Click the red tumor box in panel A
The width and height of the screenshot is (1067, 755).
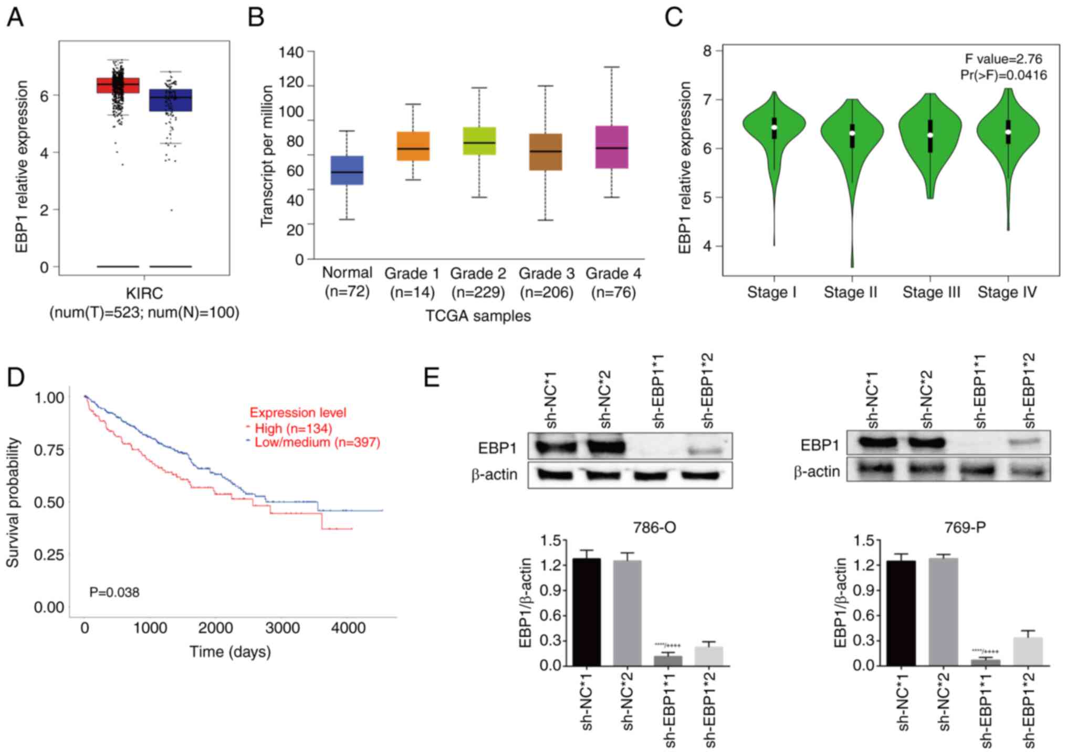pos(118,85)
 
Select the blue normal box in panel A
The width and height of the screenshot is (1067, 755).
pos(171,100)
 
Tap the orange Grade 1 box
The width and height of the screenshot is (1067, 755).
pos(413,146)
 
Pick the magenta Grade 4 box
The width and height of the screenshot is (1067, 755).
pos(612,147)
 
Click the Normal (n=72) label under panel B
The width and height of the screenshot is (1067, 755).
pos(347,282)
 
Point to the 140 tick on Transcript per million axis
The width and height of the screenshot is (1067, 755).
pos(291,52)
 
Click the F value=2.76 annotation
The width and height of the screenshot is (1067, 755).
pos(1003,59)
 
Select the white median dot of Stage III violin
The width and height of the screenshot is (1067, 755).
pos(930,135)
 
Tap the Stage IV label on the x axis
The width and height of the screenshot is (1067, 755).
pos(1007,292)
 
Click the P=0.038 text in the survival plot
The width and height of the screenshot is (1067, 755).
pos(114,592)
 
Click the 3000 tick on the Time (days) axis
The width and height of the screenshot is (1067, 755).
pos(283,628)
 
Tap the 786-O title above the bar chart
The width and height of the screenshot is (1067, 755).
pos(654,527)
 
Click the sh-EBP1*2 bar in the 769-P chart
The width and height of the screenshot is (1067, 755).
pos(1028,652)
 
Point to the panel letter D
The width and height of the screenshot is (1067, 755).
pos(16,377)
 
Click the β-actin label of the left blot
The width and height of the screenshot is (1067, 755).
pos(494,475)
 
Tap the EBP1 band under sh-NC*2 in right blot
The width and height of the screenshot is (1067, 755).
pos(926,443)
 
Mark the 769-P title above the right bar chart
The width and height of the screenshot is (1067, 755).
pos(965,527)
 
